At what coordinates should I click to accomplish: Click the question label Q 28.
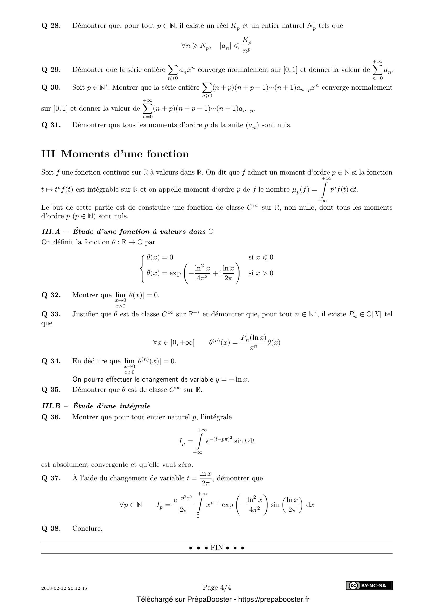(51, 26)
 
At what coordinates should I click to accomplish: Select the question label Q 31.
(51, 125)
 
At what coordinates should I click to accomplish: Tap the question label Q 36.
(51, 417)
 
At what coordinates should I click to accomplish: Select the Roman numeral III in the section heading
(48, 154)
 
